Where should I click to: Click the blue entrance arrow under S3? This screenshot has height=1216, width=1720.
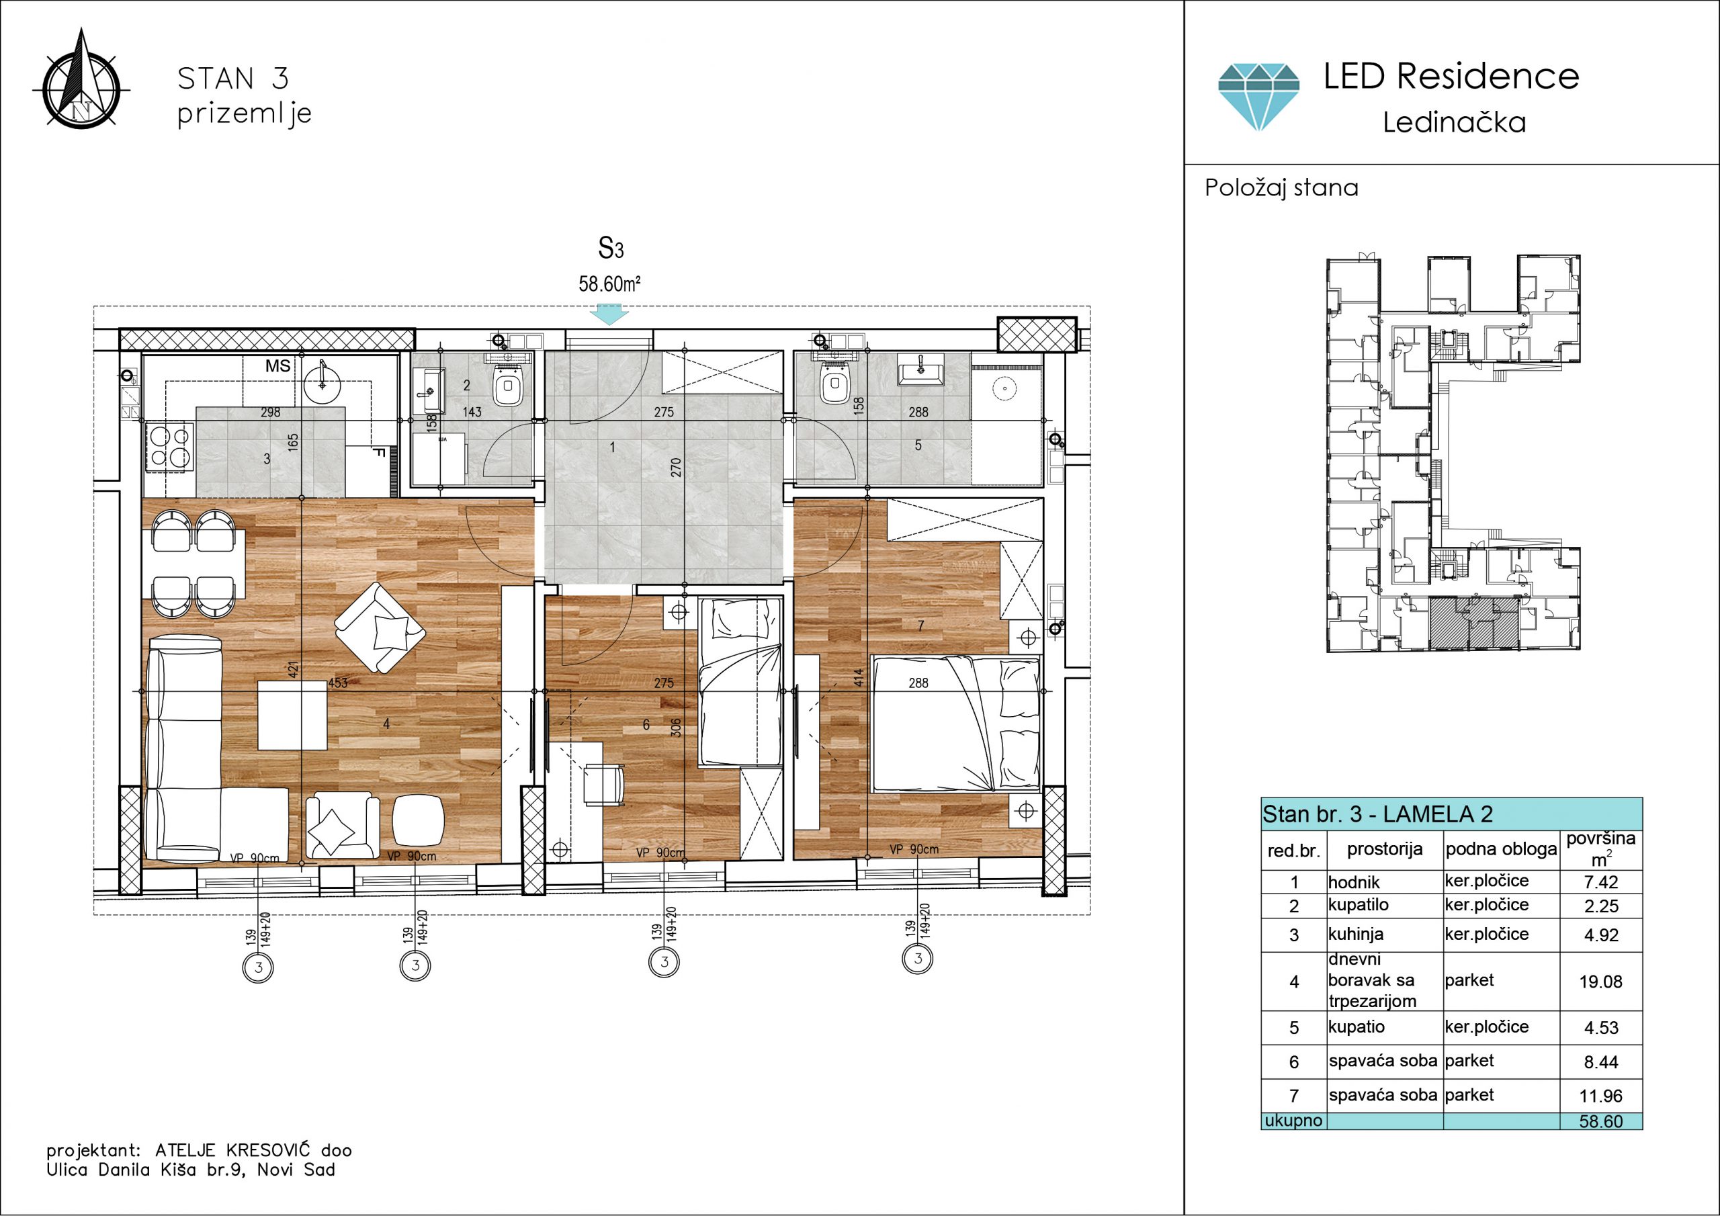pos(609,314)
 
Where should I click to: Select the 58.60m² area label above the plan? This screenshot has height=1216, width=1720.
pos(609,284)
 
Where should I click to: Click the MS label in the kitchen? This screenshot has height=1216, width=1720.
pos(278,366)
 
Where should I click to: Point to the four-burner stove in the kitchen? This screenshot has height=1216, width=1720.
pos(169,446)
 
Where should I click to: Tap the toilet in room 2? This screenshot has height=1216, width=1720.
pos(509,382)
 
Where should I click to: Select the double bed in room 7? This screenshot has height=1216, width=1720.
pos(957,723)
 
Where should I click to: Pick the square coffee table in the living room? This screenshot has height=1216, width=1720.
pos(292,715)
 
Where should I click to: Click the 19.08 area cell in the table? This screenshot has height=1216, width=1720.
pos(1601,982)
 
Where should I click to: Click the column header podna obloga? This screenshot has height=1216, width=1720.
pos(1500,850)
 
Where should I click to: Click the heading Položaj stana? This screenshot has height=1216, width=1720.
pos(1282,187)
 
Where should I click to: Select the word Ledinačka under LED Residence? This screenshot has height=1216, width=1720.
pos(1454,122)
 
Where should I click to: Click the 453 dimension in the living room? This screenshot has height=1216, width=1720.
pos(338,683)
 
